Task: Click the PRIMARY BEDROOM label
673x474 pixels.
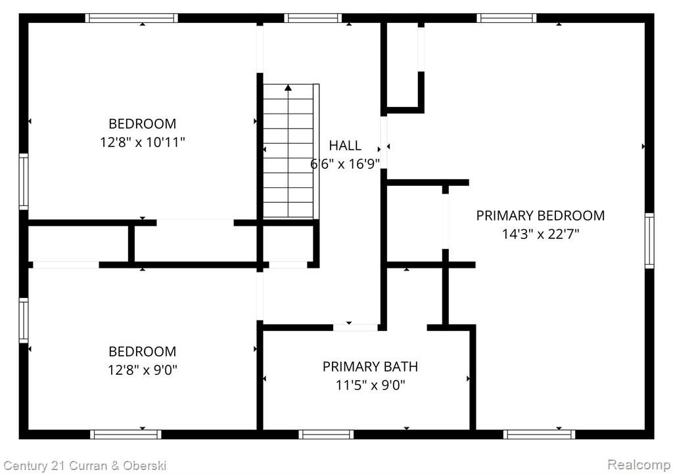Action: point(540,215)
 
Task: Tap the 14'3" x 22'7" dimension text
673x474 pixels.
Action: point(540,234)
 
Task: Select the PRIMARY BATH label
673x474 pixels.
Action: point(370,366)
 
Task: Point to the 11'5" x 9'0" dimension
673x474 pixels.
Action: point(370,385)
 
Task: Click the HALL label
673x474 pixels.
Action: point(345,145)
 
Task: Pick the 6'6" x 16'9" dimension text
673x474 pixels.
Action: point(345,163)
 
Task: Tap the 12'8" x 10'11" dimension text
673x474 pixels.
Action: point(143,142)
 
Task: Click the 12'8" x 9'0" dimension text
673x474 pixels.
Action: point(143,370)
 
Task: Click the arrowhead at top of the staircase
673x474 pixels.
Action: point(288,88)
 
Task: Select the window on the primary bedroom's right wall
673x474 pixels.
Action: point(649,241)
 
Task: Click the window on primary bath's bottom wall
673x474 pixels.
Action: point(326,434)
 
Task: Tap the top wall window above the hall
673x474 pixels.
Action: point(313,18)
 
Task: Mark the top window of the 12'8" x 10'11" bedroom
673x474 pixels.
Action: point(131,18)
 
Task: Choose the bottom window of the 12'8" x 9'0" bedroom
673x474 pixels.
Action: point(126,434)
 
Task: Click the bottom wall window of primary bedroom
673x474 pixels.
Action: point(539,434)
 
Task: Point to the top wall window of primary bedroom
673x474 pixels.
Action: point(507,18)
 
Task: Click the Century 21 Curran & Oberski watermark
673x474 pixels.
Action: point(85,466)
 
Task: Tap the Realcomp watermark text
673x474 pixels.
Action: point(639,465)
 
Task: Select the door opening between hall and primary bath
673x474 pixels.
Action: point(356,328)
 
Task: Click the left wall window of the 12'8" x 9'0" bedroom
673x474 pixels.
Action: point(24,320)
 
